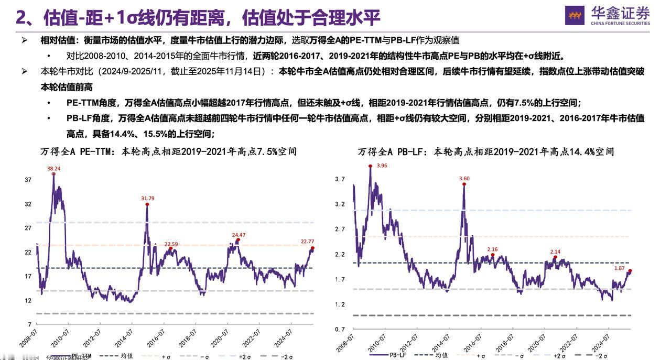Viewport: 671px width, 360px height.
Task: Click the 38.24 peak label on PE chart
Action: pyautogui.click(x=53, y=169)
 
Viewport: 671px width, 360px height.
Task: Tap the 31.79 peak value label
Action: pyautogui.click(x=148, y=198)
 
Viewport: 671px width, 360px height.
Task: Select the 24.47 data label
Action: pyautogui.click(x=239, y=235)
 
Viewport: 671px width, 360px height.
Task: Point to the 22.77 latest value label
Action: pyautogui.click(x=307, y=242)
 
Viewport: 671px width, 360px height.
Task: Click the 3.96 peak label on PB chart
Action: pyautogui.click(x=382, y=166)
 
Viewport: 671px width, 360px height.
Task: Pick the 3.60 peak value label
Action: pyautogui.click(x=464, y=179)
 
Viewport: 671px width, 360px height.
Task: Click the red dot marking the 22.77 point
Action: pyautogui.click(x=312, y=248)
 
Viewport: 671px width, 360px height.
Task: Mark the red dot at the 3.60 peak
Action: pyautogui.click(x=464, y=184)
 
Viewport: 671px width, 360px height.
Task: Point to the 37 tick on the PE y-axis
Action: pyautogui.click(x=28, y=180)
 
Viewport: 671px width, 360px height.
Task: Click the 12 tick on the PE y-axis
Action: pyautogui.click(x=28, y=301)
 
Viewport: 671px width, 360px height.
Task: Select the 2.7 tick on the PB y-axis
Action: pyautogui.click(x=340, y=229)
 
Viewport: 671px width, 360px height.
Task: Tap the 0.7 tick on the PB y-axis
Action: pyautogui.click(x=340, y=329)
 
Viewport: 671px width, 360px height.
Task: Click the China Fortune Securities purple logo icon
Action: pyautogui.click(x=575, y=15)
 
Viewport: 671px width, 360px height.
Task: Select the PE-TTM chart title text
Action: pyautogui.click(x=168, y=152)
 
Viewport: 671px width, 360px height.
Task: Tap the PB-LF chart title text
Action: pyautogui.click(x=486, y=152)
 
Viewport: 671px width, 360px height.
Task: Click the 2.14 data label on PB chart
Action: pyautogui.click(x=555, y=252)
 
